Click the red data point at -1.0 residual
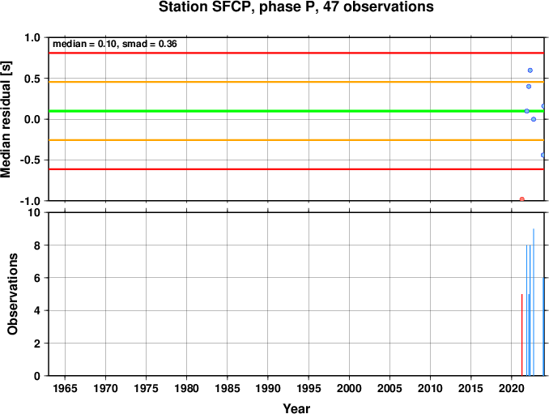pyautogui.click(x=522, y=199)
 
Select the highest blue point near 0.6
pyautogui.click(x=530, y=70)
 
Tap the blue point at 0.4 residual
pyautogui.click(x=529, y=87)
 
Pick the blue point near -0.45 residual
pyautogui.click(x=543, y=155)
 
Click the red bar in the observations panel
pyautogui.click(x=522, y=335)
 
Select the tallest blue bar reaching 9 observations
pyautogui.click(x=534, y=302)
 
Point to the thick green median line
pyautogui.click(x=296, y=111)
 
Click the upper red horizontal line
pyautogui.click(x=296, y=53)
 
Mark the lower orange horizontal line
pyautogui.click(x=296, y=140)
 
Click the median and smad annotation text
pyautogui.click(x=115, y=44)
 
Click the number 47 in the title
pyautogui.click(x=331, y=7)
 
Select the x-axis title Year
pyautogui.click(x=296, y=408)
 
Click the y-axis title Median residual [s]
pyautogui.click(x=6, y=120)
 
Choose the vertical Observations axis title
pyautogui.click(x=13, y=294)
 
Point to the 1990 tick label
pyautogui.click(x=268, y=388)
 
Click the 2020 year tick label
pyautogui.click(x=512, y=388)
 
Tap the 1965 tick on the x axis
pyautogui.click(x=65, y=388)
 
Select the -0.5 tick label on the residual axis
pyautogui.click(x=30, y=160)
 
